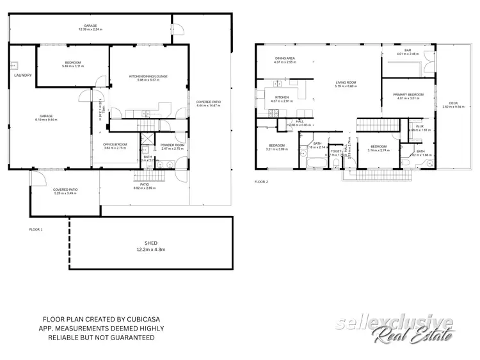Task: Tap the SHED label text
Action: point(151,243)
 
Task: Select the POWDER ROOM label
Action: point(172,145)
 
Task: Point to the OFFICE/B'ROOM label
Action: point(115,144)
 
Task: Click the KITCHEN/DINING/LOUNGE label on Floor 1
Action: point(148,77)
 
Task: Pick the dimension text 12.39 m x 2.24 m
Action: point(90,29)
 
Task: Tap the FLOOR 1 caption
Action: point(36,229)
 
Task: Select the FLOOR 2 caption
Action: point(261,182)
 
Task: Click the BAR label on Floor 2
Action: point(407,51)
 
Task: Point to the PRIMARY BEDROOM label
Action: point(407,94)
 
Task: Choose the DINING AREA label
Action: point(284,59)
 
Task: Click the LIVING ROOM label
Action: point(346,82)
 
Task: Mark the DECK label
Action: point(453,103)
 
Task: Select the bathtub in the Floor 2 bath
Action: point(317,165)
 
